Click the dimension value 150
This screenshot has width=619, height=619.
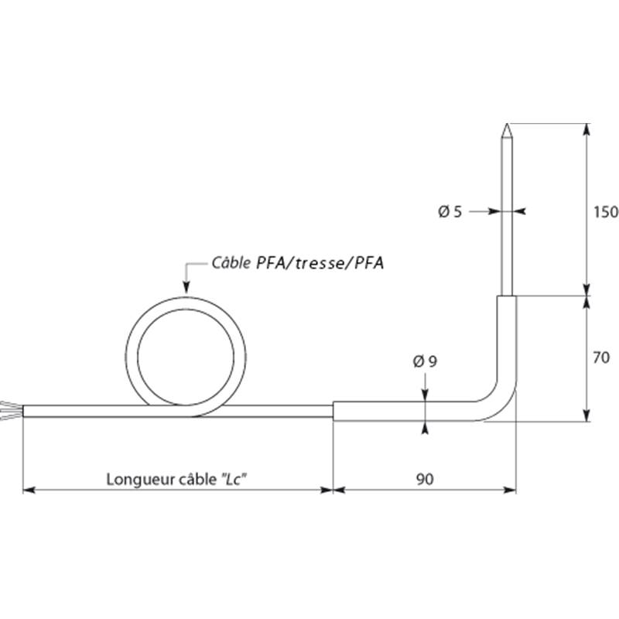pos(606,212)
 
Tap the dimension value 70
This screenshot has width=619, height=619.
pos(601,357)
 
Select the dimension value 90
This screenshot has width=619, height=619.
pos(425,479)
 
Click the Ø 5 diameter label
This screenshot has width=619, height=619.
pos(450,212)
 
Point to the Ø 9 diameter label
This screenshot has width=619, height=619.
pos(425,361)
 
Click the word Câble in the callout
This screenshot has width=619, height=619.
pos(231,262)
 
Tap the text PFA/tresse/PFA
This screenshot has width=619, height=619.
pos(320,263)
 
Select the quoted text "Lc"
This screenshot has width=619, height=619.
pos(233,479)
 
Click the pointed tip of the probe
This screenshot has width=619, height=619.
pos(507,124)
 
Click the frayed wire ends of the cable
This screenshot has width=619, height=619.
pos(11,411)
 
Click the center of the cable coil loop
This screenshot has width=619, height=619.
pos(186,357)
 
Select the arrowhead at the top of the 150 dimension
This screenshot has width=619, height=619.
pos(587,129)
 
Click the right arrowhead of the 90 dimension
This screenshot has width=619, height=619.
pos(510,491)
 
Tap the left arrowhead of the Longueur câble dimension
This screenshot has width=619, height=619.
pos(29,491)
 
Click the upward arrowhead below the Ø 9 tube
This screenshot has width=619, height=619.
pos(425,428)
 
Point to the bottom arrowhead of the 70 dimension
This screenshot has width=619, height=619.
pos(587,415)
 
